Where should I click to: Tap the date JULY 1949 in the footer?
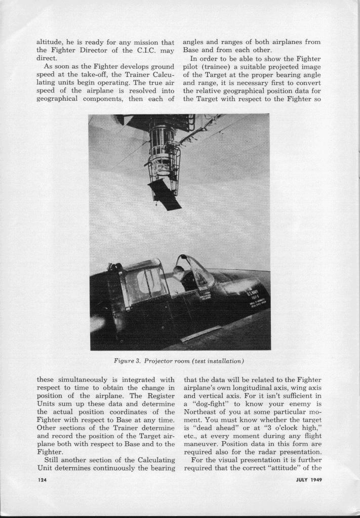coord(309,480)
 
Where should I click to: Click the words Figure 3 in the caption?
coord(127,361)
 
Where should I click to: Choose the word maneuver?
coord(203,443)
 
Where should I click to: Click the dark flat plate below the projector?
coord(165,194)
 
